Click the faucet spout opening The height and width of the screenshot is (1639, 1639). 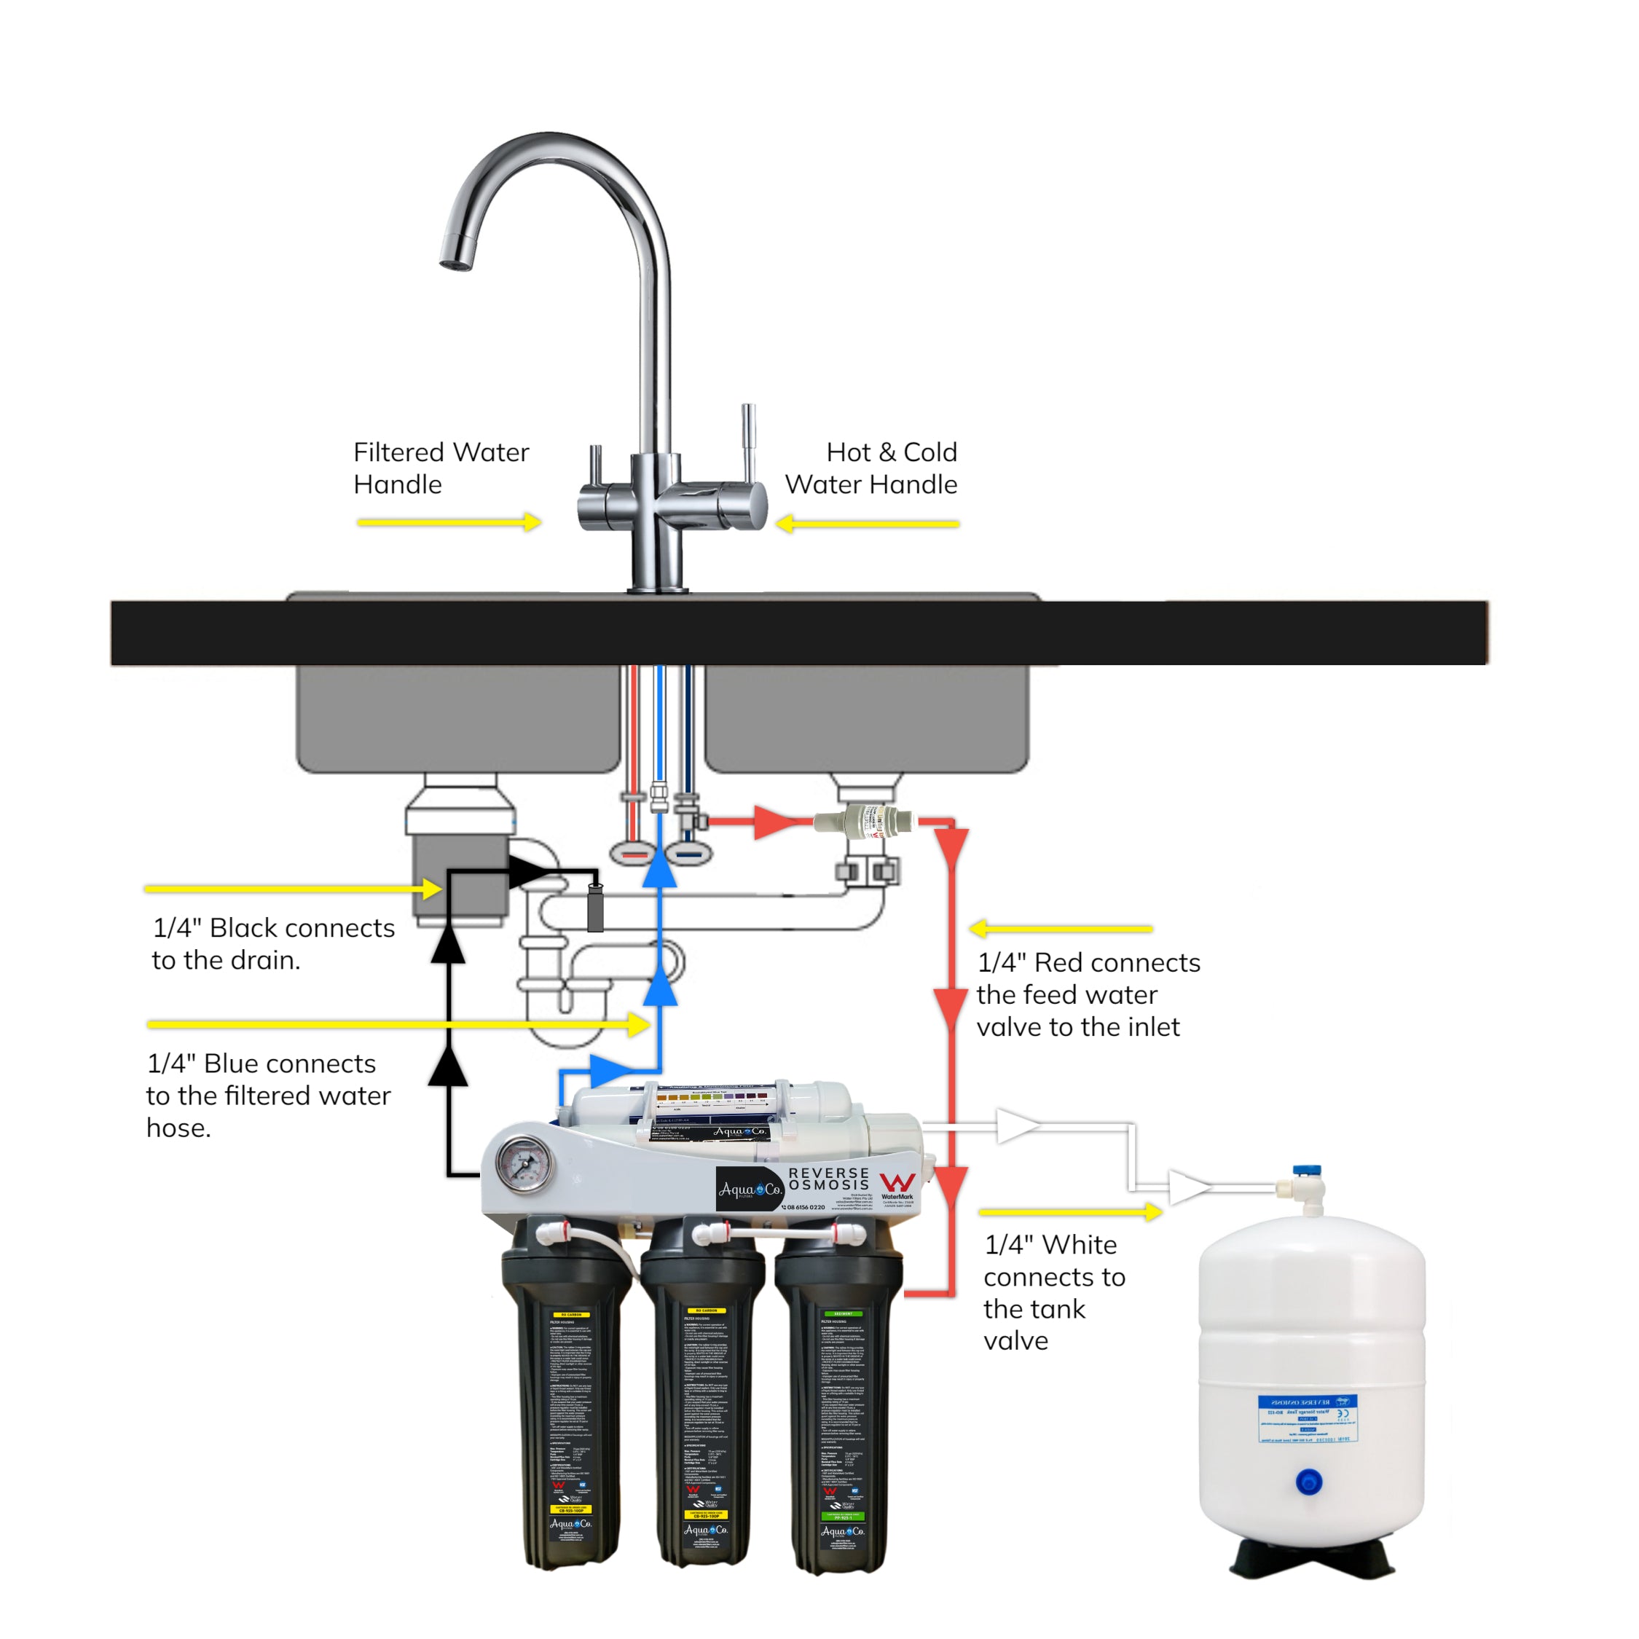click(x=455, y=264)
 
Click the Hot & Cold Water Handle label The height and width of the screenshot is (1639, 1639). click(x=871, y=468)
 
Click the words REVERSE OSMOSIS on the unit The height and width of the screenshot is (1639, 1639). click(x=829, y=1179)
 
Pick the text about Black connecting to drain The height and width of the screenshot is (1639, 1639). click(x=273, y=943)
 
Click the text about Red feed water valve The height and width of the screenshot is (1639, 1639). click(x=1088, y=994)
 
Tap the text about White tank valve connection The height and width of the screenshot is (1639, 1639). click(x=1053, y=1292)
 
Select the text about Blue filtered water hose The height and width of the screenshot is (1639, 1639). click(x=267, y=1094)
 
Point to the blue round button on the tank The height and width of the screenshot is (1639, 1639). click(x=1309, y=1482)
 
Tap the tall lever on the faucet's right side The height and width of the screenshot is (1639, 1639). click(x=748, y=441)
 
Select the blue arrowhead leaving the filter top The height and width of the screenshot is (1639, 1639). click(x=614, y=1071)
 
